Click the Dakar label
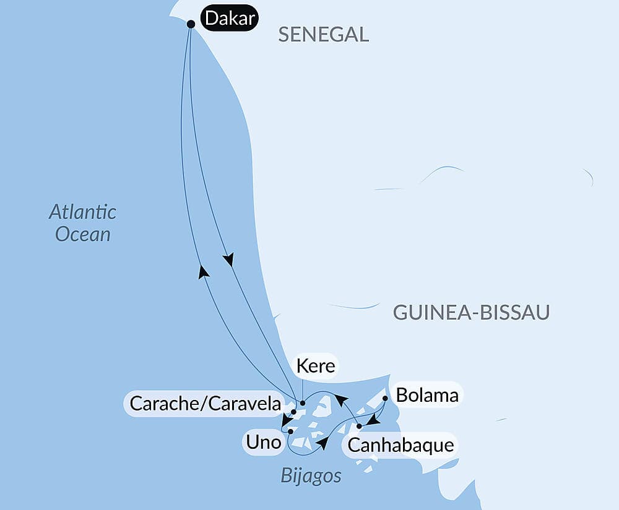[229, 19]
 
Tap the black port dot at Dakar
[191, 24]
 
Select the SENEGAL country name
[323, 34]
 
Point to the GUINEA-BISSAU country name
[471, 313]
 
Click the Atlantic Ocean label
[83, 223]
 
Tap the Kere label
[316, 366]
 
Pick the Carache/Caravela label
[205, 404]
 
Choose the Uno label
[263, 443]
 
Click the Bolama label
[427, 395]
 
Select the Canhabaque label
[400, 444]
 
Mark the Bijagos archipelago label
[311, 476]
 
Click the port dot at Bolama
[385, 399]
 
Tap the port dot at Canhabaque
[359, 426]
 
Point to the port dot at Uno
[290, 431]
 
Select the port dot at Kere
[303, 403]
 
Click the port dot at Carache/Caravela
[293, 411]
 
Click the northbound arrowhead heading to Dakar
[202, 271]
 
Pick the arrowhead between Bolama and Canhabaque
[372, 420]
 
